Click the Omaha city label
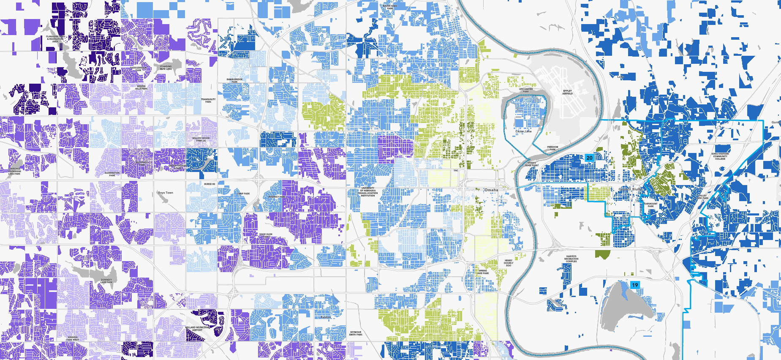coord(491,190)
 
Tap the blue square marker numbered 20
coord(589,158)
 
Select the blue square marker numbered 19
coord(635,285)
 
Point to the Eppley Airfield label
coord(567,92)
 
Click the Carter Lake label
coord(523,131)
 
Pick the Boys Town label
coord(166,193)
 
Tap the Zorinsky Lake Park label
coord(106,281)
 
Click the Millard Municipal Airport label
coord(197,329)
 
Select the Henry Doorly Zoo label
coord(509,263)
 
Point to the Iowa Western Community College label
coord(720,156)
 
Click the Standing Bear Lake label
coord(166,68)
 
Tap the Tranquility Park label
coord(208,101)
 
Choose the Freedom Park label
coord(552,148)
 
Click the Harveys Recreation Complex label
coord(571,259)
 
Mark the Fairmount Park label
coord(650,205)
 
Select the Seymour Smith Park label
coord(356,333)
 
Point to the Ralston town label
coord(326,317)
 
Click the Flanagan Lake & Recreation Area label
coord(55,39)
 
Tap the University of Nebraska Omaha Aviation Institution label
coord(367,192)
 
